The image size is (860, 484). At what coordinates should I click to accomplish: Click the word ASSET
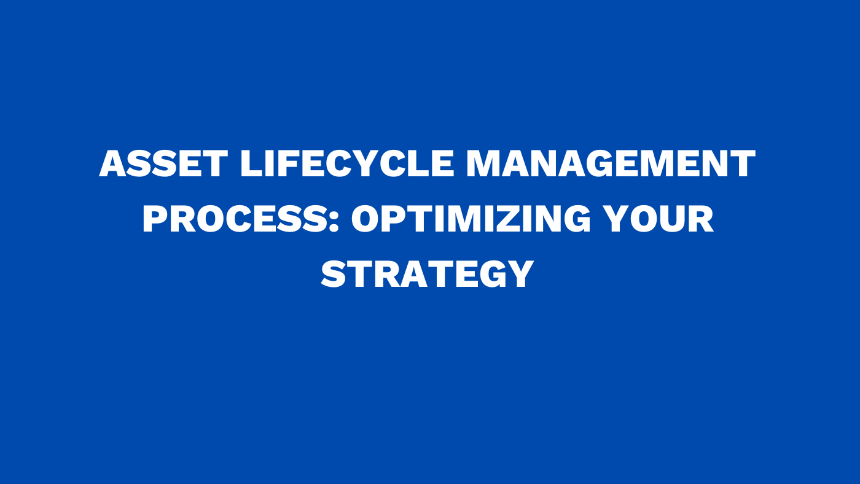point(163,164)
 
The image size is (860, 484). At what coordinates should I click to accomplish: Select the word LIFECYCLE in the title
point(347,164)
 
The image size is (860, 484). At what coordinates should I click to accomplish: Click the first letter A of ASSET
point(113,164)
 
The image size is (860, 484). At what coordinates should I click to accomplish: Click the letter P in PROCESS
point(156,219)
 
